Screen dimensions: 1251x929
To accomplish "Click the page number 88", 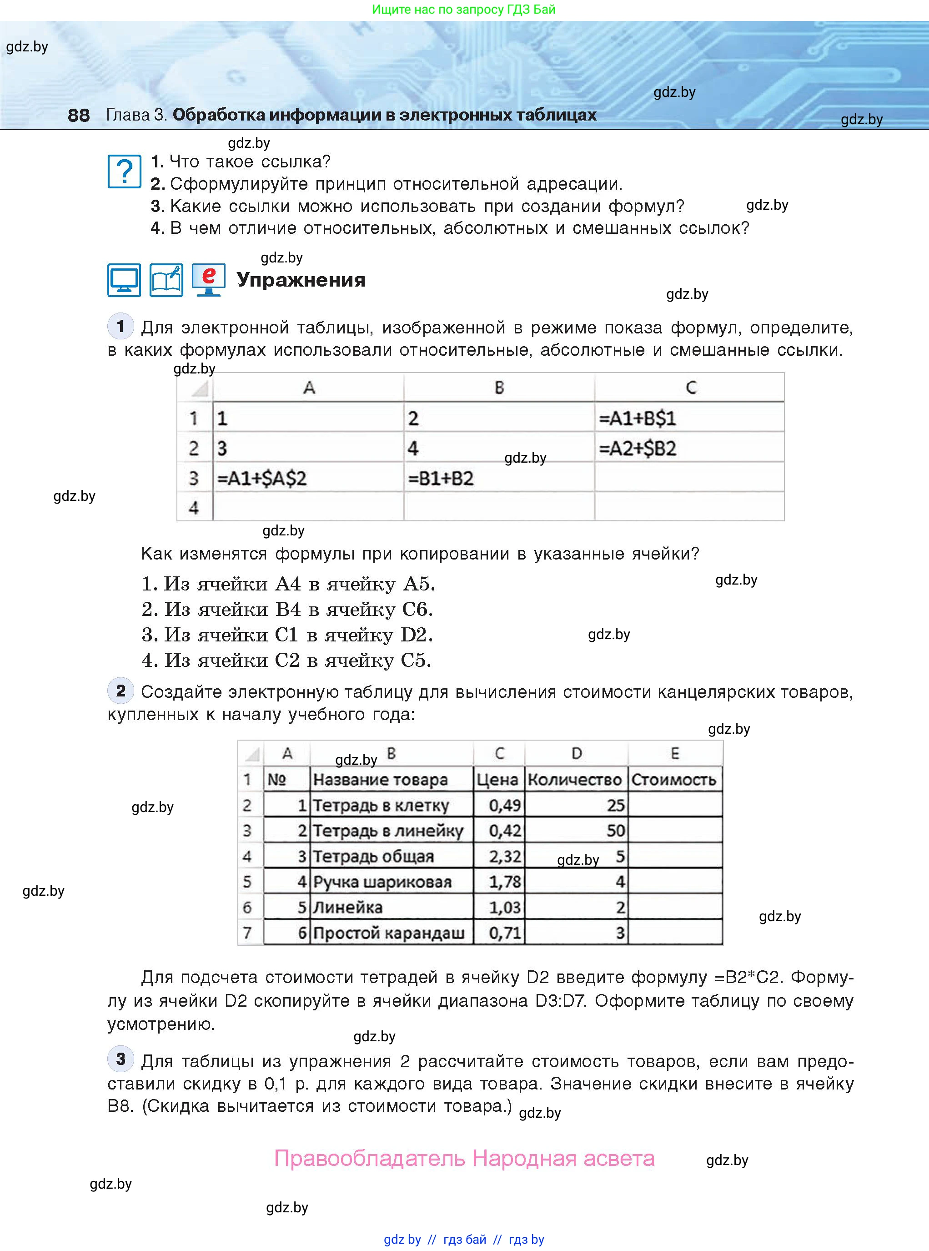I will point(78,115).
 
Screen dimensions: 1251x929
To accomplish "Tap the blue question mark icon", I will point(124,171).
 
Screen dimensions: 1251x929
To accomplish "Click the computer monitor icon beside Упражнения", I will point(124,280).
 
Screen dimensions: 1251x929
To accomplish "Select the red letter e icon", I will point(209,279).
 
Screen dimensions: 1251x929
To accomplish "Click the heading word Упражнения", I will point(301,280).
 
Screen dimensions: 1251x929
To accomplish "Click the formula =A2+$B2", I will point(637,448).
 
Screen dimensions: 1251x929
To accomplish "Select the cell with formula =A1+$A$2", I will point(262,479).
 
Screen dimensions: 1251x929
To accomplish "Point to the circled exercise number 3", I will point(121,1059).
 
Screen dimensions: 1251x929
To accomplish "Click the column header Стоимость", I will point(674,780).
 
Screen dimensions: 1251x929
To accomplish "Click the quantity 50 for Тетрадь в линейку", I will point(616,831).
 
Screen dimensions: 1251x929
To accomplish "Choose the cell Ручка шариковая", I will point(382,882).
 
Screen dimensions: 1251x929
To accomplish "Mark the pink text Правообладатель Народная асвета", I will point(464,1158).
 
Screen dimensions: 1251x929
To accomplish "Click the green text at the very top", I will point(463,10).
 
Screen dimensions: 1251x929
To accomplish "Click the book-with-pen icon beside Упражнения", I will point(166,280).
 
